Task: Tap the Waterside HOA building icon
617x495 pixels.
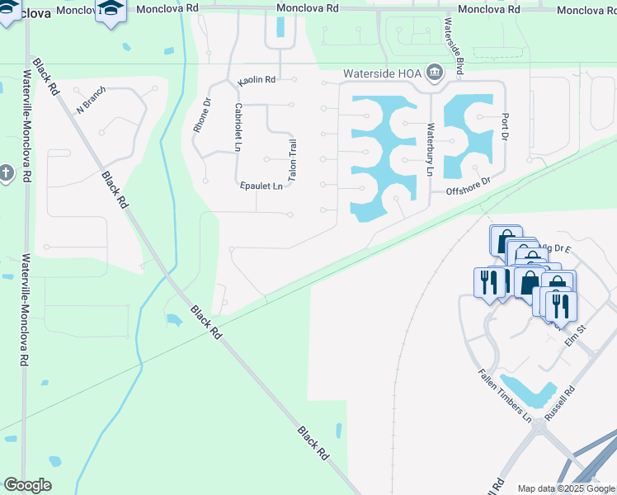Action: click(x=435, y=73)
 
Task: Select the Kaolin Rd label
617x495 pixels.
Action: click(x=257, y=81)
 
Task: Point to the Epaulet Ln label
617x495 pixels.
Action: click(x=262, y=186)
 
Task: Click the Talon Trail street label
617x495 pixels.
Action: click(x=292, y=161)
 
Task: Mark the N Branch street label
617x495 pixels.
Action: click(x=92, y=101)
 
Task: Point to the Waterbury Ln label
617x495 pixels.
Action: click(x=429, y=149)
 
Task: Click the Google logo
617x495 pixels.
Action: click(x=27, y=485)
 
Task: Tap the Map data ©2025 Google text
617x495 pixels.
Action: click(x=565, y=488)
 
